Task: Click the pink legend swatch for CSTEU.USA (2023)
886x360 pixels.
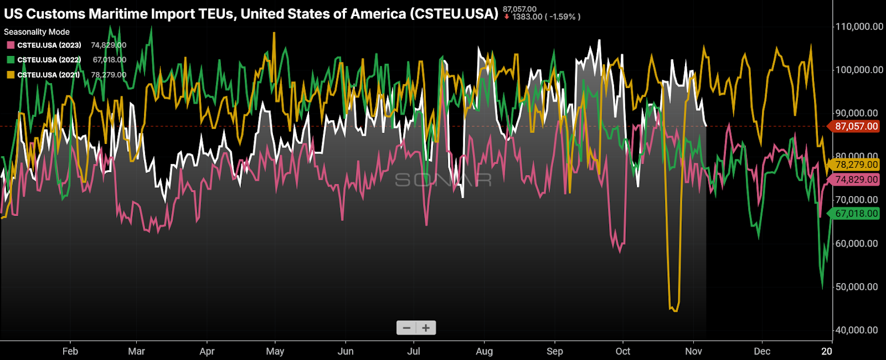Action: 11,45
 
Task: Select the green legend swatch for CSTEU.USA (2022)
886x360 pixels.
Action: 11,60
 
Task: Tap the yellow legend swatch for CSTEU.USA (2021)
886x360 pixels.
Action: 11,75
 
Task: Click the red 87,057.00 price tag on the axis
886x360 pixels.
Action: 856,126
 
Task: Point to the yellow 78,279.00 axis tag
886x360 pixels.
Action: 856,164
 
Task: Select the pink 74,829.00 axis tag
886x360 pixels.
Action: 856,179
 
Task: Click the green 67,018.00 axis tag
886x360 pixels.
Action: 856,213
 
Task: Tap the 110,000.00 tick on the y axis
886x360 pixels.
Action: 859,27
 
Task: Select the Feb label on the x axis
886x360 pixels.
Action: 70,351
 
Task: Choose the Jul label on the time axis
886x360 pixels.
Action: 414,351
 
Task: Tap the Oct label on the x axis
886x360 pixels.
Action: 623,351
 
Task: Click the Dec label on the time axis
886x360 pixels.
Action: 762,351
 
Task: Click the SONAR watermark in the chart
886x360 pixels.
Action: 443,180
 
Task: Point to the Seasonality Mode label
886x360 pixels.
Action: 37,32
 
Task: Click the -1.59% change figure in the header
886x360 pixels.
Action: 562,17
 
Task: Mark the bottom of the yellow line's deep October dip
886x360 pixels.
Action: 674,310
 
